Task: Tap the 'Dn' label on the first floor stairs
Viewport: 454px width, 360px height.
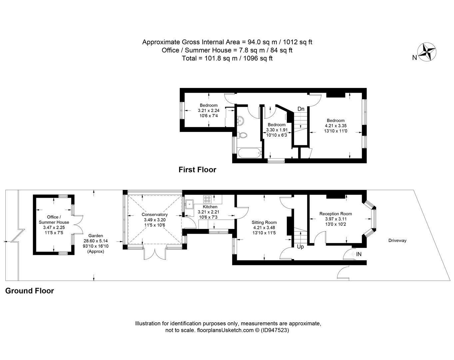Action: coord(301,109)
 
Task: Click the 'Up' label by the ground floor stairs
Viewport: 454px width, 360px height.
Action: coord(300,247)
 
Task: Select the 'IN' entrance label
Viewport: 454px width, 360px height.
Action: coord(359,254)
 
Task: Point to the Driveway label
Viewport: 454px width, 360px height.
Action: coord(397,240)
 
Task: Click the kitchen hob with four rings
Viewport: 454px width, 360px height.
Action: coord(207,199)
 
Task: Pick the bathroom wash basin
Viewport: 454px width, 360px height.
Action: coord(240,120)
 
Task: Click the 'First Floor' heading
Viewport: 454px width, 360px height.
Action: coord(197,170)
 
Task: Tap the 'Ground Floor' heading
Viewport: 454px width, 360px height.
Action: coord(29,291)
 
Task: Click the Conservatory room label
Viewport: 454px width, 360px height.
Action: coord(155,215)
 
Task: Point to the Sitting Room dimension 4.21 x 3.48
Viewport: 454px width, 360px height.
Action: coord(264,228)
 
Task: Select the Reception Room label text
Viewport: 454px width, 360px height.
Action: coord(335,214)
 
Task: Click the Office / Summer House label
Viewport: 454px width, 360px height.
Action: coord(54,219)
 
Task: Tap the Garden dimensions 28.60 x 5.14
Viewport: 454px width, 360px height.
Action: coord(96,241)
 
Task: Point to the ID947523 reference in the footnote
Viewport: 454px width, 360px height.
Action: coord(275,330)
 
